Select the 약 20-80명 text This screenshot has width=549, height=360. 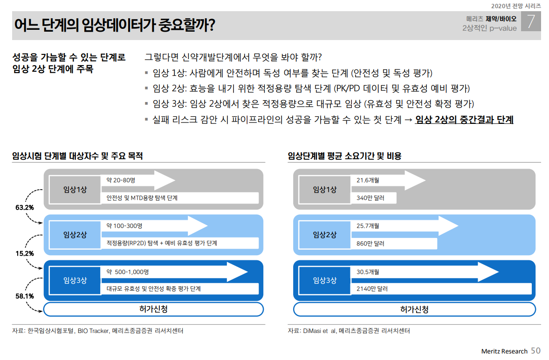point(121,180)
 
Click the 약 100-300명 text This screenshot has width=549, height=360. point(124,226)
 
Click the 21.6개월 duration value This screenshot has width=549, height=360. point(368,180)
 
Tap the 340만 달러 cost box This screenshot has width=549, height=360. point(370,198)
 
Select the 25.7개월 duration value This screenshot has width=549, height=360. point(368,226)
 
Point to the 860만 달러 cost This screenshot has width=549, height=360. point(370,244)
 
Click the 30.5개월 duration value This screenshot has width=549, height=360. point(368,272)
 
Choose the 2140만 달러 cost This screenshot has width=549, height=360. point(372,289)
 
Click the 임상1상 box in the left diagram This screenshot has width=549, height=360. point(75,189)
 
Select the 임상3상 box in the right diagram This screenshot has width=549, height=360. point(324,280)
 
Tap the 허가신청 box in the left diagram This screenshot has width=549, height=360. point(153,309)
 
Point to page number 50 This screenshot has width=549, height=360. point(536,351)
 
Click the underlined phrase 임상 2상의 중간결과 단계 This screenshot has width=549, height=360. point(464,120)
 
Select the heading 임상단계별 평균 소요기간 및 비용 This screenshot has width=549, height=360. point(345,156)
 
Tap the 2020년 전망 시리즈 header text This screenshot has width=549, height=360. point(516,6)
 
